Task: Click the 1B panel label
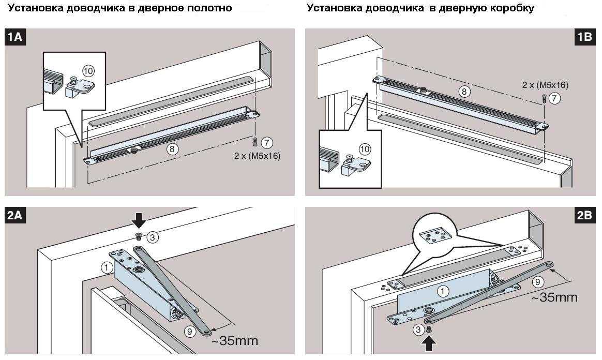(585, 37)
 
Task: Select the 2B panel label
(585, 215)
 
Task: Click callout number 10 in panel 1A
(88, 71)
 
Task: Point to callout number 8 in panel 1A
(172, 149)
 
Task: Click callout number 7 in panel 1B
(554, 98)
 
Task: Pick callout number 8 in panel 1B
(464, 92)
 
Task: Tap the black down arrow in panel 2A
(139, 221)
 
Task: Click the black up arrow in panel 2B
(429, 343)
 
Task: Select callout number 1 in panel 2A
(107, 267)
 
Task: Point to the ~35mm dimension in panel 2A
(235, 340)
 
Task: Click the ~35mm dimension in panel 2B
(554, 297)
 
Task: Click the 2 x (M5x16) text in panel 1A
(257, 156)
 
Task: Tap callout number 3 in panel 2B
(418, 329)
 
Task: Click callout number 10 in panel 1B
(365, 149)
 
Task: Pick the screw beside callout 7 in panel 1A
(255, 142)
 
